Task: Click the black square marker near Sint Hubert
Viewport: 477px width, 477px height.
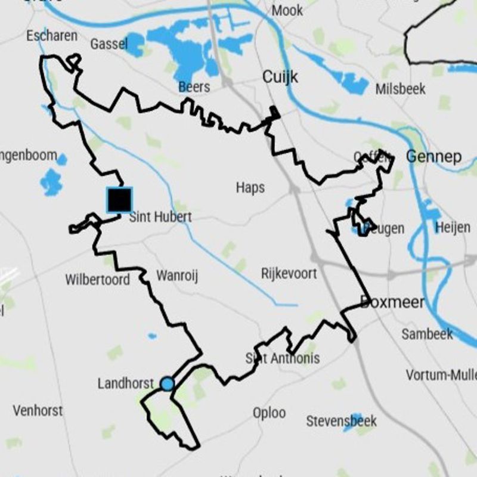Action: (x=119, y=200)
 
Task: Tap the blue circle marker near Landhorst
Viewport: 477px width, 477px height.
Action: (x=168, y=384)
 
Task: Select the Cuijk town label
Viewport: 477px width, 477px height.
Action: (x=280, y=77)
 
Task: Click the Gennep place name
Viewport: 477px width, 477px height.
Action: (x=433, y=157)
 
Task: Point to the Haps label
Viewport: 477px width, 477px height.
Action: (x=250, y=188)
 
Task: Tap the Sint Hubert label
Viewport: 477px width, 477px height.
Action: (x=160, y=216)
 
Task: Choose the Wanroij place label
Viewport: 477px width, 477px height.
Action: (x=176, y=275)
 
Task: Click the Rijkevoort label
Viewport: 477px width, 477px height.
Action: (x=289, y=274)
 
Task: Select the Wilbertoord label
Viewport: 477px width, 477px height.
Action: (x=97, y=279)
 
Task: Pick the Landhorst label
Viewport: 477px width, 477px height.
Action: (x=125, y=383)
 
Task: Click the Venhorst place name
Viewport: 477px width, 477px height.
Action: (x=38, y=411)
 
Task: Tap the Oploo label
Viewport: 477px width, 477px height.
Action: (x=269, y=413)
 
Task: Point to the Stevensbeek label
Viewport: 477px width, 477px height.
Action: (x=341, y=421)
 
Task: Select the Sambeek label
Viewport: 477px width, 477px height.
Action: (x=427, y=334)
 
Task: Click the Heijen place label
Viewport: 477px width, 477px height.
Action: (x=453, y=227)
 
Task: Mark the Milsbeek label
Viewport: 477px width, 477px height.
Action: (x=401, y=89)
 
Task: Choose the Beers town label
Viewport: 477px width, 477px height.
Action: (x=194, y=87)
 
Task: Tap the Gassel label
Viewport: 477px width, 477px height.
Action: (x=109, y=44)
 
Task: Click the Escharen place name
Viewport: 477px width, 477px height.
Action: (x=52, y=36)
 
